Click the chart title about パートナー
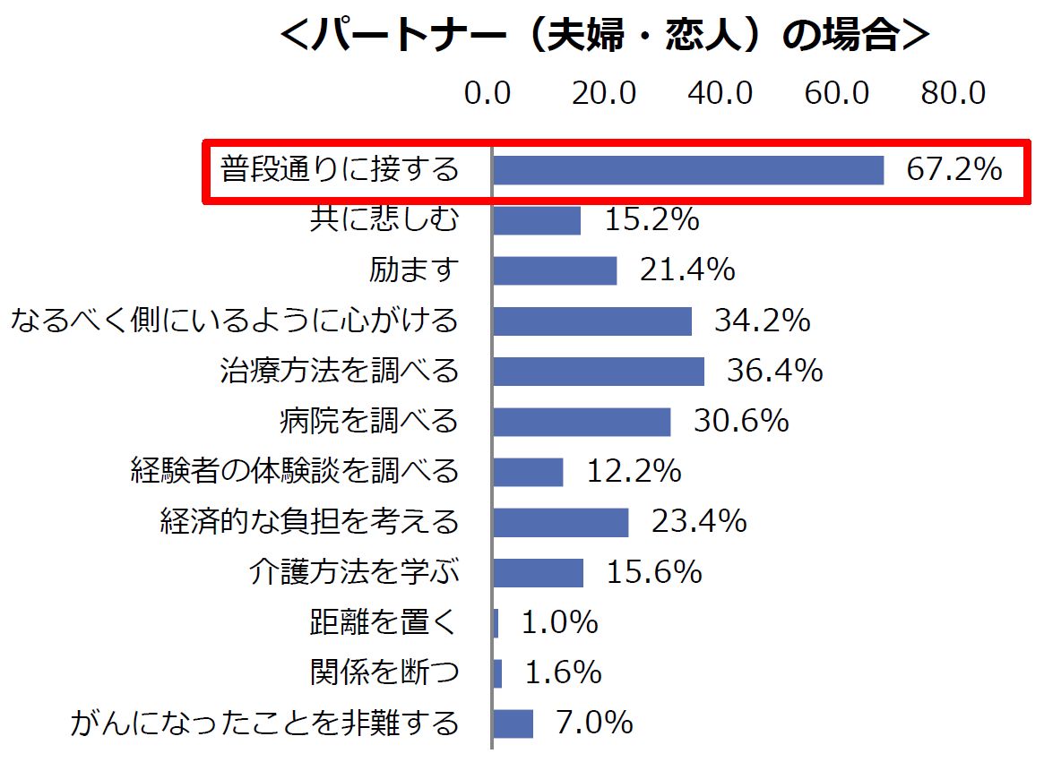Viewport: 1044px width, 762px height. (605, 37)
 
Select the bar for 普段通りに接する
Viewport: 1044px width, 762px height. (687, 169)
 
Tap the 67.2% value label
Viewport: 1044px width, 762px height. (954, 169)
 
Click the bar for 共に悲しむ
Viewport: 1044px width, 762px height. (537, 220)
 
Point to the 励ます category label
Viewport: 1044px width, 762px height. (414, 270)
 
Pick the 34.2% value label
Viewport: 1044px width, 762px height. (763, 320)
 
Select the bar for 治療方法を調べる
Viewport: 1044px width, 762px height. (599, 371)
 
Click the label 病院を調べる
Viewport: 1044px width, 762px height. (369, 421)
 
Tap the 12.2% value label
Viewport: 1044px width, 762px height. (634, 471)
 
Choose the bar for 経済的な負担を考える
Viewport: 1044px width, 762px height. (561, 521)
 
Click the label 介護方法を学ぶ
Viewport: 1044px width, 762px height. (354, 571)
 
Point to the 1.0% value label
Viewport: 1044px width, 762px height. (559, 621)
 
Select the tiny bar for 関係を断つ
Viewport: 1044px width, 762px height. (498, 672)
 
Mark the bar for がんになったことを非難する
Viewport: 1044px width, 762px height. (513, 723)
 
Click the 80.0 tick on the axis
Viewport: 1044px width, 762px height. (953, 93)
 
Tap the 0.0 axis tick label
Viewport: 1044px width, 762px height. (487, 93)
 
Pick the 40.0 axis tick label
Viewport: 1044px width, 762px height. (720, 93)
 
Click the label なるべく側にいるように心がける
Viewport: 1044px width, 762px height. (235, 320)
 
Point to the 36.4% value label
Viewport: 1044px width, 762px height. (775, 371)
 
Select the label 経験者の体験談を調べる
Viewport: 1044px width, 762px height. (295, 471)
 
